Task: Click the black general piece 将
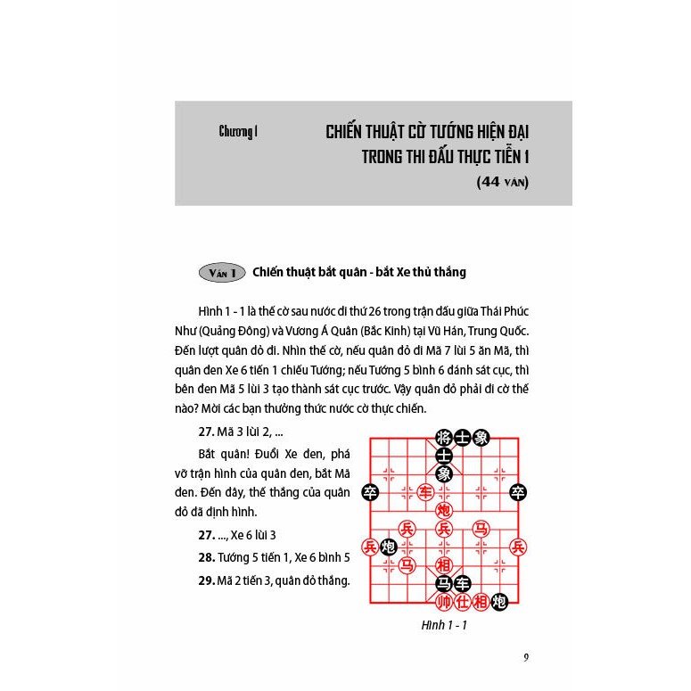point(443,437)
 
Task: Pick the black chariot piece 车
point(462,583)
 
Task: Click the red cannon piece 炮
point(443,510)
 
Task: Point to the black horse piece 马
point(443,583)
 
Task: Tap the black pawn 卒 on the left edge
point(369,491)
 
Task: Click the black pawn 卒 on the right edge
point(517,491)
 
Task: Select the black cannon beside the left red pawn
point(388,547)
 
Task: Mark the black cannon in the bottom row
point(499,602)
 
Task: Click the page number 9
point(527,659)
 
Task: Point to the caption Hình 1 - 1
point(444,626)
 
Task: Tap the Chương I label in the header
point(238,132)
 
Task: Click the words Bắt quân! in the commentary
point(224,454)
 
